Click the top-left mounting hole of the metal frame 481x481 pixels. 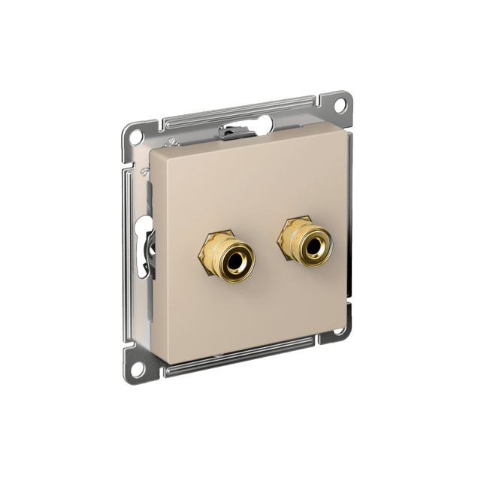[x=135, y=137]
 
